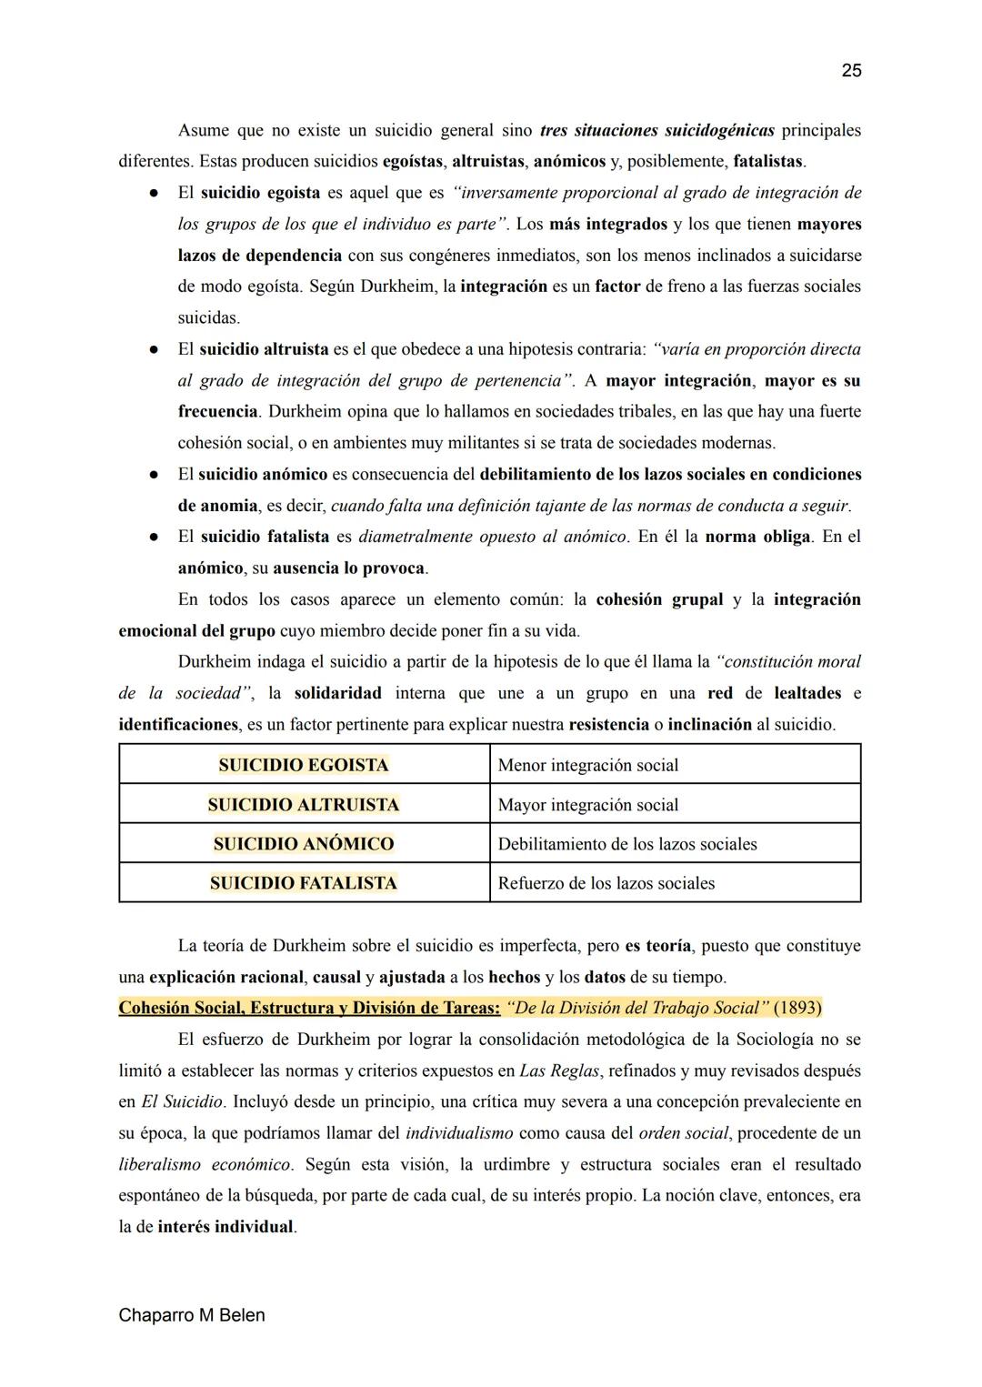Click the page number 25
click(851, 71)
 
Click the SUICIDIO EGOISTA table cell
click(304, 765)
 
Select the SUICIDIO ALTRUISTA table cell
click(304, 805)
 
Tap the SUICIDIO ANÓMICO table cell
click(304, 844)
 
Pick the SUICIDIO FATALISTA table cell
click(304, 883)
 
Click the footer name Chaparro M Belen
click(192, 1315)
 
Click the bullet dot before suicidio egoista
click(155, 194)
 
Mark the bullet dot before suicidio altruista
click(155, 349)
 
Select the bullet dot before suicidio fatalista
click(155, 537)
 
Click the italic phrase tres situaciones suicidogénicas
click(656, 130)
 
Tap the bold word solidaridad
click(337, 693)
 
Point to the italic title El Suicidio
click(182, 1101)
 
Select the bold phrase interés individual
click(225, 1227)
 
